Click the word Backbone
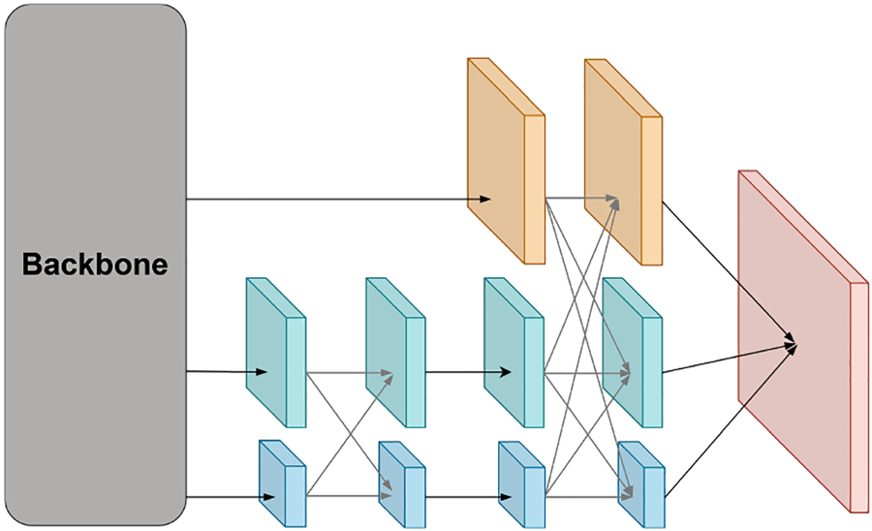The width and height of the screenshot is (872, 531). [95, 265]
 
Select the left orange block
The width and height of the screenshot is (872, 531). [506, 161]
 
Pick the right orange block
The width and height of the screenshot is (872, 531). [623, 163]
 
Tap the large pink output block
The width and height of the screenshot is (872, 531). [803, 341]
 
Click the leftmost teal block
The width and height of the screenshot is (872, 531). [276, 353]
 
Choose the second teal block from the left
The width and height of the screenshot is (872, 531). [395, 353]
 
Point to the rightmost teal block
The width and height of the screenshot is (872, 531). [633, 353]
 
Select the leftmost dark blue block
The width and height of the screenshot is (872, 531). [283, 484]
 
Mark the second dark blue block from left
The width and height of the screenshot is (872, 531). [402, 484]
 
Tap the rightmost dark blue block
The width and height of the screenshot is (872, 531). [641, 484]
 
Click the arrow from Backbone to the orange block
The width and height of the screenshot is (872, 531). [339, 199]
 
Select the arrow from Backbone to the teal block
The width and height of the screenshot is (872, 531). [227, 371]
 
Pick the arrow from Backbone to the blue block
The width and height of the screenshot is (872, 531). [231, 497]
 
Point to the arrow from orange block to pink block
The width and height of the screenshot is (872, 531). [729, 271]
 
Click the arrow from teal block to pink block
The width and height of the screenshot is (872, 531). [730, 359]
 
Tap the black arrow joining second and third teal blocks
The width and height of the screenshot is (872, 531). [468, 372]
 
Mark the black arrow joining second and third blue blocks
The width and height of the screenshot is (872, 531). [469, 497]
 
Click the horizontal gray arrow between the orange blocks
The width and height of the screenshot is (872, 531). [581, 198]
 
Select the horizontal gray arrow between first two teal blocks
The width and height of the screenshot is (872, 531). [350, 372]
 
